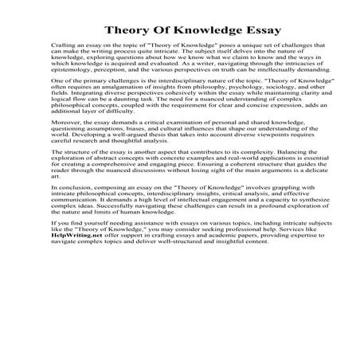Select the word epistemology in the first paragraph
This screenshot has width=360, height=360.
[x=78, y=92]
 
